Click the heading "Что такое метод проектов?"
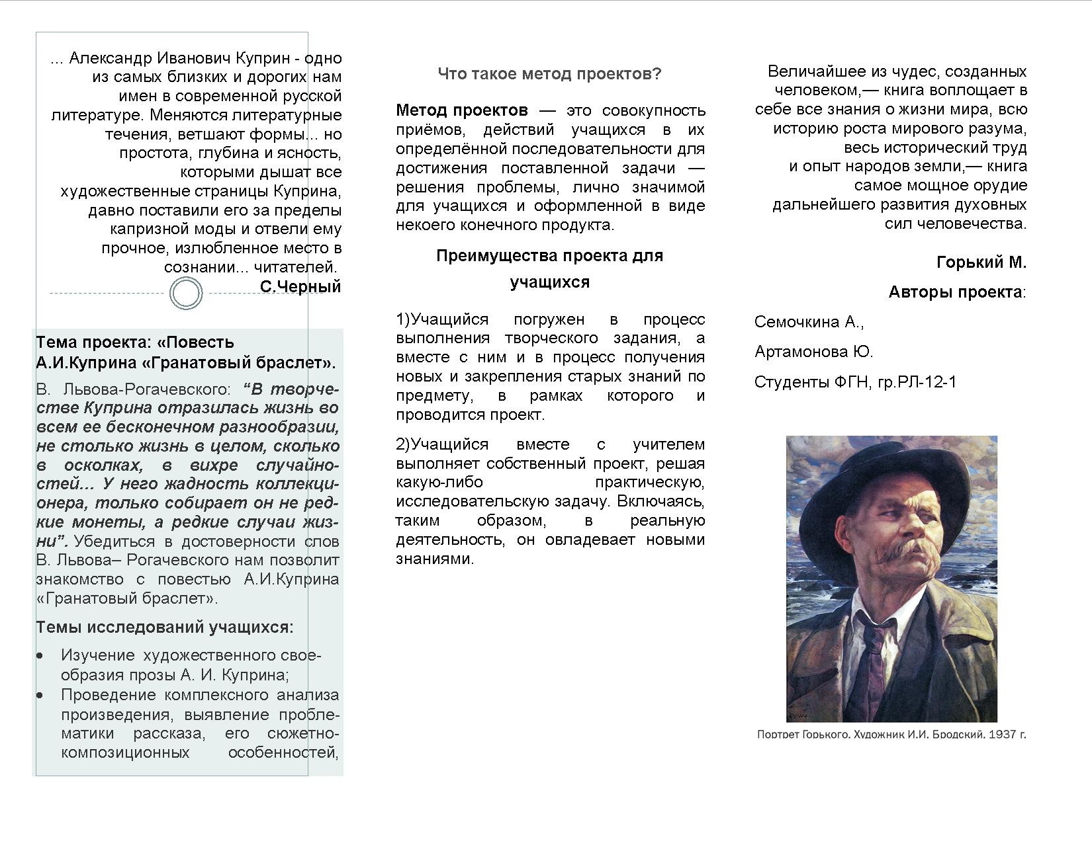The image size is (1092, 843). [x=549, y=73]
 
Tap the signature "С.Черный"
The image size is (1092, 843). [x=300, y=286]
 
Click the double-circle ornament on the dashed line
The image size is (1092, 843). [x=186, y=294]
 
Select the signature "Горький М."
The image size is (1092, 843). [x=981, y=262]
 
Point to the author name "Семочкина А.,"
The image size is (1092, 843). [x=809, y=322]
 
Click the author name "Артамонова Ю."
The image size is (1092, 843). [x=813, y=352]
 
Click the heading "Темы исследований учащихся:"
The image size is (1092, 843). [x=164, y=627]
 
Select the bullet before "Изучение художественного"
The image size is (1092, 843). [x=41, y=656]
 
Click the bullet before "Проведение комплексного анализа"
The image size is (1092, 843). [x=41, y=696]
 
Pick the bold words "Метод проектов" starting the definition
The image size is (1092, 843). [x=462, y=110]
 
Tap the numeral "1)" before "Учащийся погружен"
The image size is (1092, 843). [x=403, y=319]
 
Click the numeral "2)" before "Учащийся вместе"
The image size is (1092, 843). [x=403, y=444]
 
